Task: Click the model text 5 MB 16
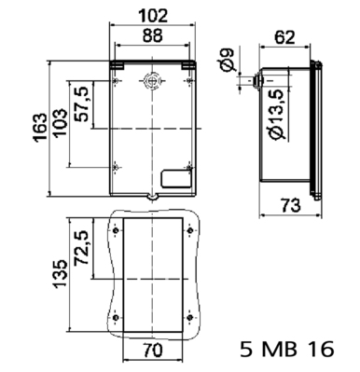coord(284,350)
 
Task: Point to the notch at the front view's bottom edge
coord(151,197)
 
